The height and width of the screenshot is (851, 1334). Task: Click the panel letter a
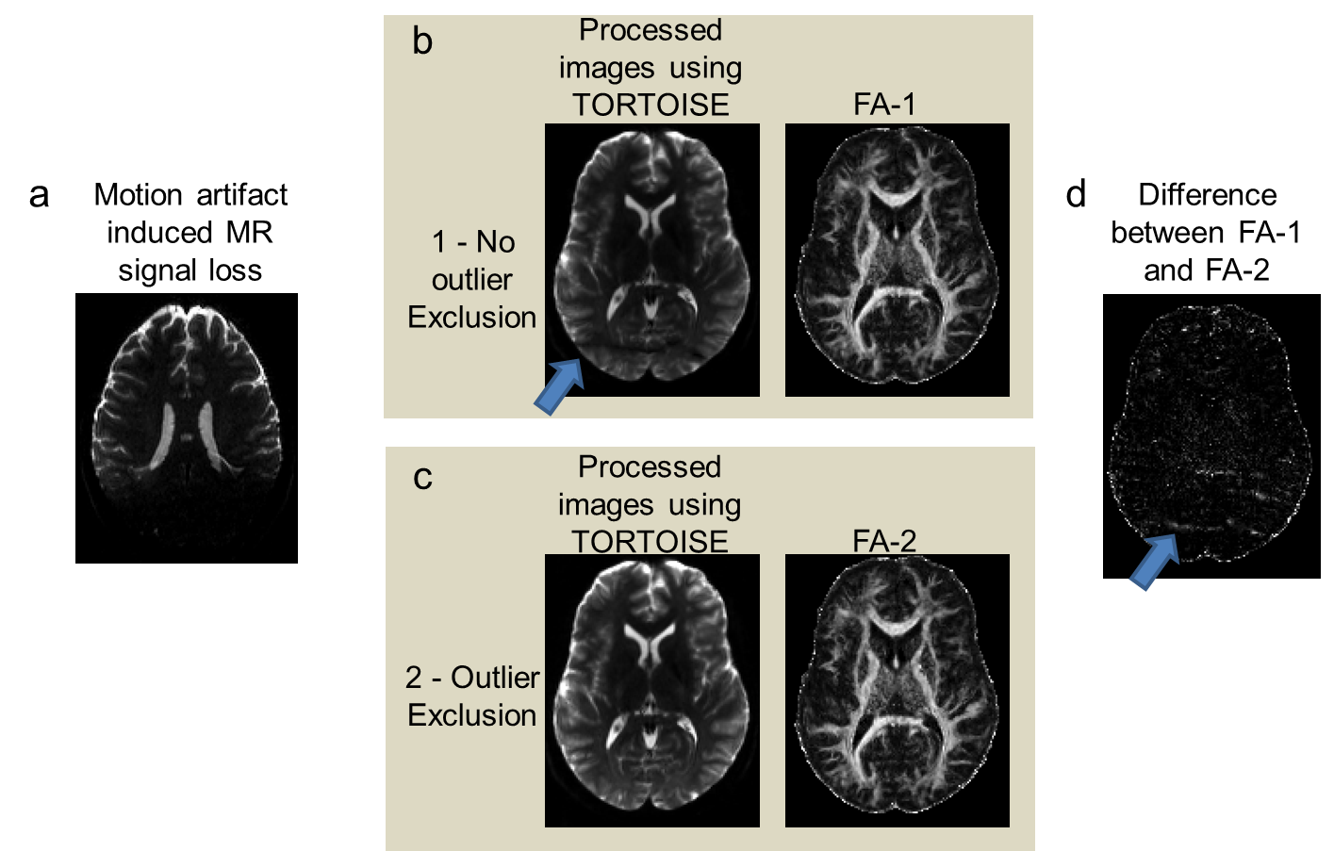39,195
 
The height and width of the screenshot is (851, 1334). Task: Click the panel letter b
422,41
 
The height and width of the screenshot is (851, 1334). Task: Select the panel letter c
423,478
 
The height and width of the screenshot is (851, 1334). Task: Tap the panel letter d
1076,195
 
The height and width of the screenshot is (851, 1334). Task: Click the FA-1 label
884,104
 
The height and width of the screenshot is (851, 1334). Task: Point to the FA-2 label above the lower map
884,541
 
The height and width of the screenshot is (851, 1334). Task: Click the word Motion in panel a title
139,195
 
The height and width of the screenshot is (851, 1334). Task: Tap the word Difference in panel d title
1208,195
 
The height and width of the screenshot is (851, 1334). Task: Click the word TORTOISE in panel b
651,105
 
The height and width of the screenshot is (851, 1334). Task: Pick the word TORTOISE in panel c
650,542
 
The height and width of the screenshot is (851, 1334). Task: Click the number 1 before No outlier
438,242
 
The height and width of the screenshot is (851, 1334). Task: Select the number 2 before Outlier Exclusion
414,678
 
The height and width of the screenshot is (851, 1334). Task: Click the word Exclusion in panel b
472,318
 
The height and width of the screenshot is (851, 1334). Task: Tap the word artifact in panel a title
241,195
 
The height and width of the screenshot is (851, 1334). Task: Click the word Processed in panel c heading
650,467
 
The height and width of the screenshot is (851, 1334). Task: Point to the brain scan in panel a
187,428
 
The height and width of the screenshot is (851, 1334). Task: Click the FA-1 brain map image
898,259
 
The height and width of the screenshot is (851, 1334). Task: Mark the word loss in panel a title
237,271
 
